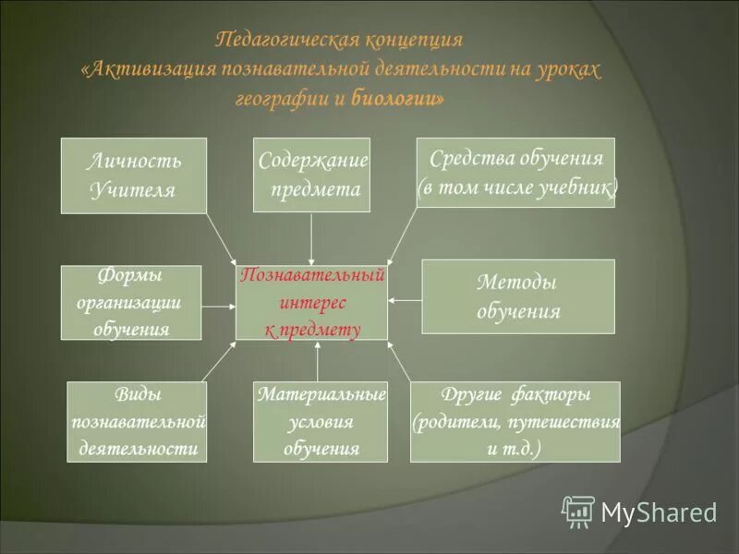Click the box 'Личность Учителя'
[134, 175]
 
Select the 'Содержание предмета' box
[311, 175]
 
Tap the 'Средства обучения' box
[515, 173]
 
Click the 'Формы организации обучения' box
[131, 302]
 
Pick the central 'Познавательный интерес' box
[311, 302]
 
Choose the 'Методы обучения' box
[518, 296]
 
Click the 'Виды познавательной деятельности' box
[138, 422]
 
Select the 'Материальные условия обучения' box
[320, 422]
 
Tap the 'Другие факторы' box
[515, 422]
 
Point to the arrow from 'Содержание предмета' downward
[311, 238]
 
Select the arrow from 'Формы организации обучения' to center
[218, 306]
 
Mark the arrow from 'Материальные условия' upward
[317, 361]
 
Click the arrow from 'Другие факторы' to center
[399, 361]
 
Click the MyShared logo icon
[579, 511]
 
